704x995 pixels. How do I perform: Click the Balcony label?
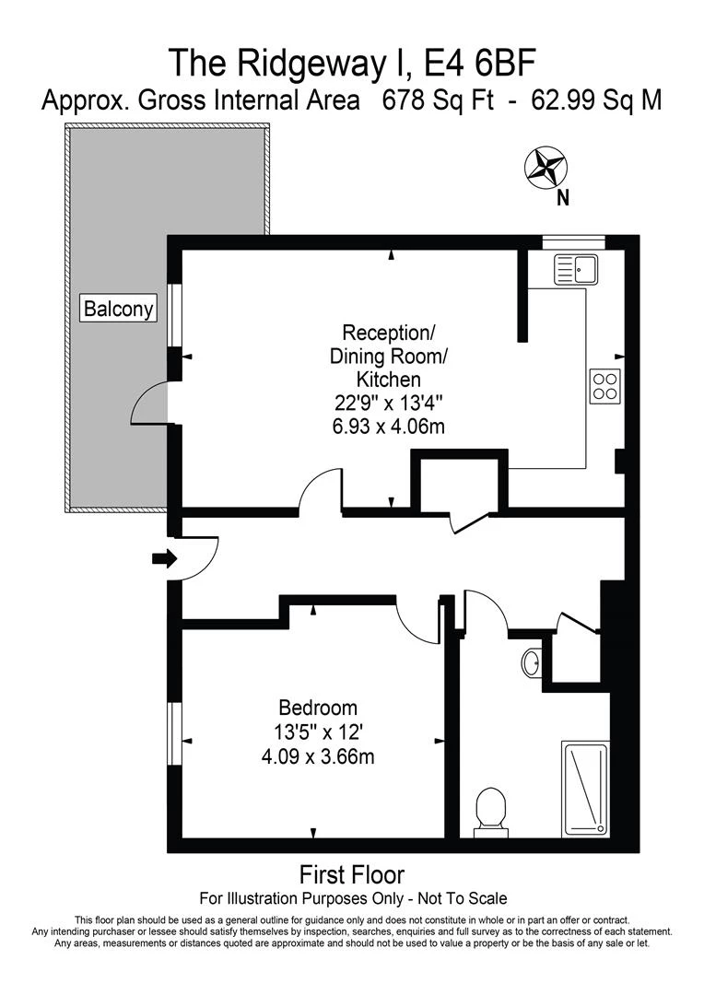[x=119, y=309]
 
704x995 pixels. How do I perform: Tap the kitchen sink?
[x=577, y=270]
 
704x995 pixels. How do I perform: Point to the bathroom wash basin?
[x=532, y=661]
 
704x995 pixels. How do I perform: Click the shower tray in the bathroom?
[x=585, y=789]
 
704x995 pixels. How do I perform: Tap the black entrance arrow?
[x=164, y=558]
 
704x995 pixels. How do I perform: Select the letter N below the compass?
[x=562, y=197]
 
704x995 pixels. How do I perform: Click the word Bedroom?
[x=318, y=708]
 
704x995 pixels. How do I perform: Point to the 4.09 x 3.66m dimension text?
[x=318, y=757]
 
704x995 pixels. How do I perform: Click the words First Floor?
[x=352, y=873]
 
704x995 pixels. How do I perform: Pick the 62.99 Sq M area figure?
[x=596, y=100]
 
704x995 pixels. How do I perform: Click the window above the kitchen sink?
[x=573, y=242]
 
